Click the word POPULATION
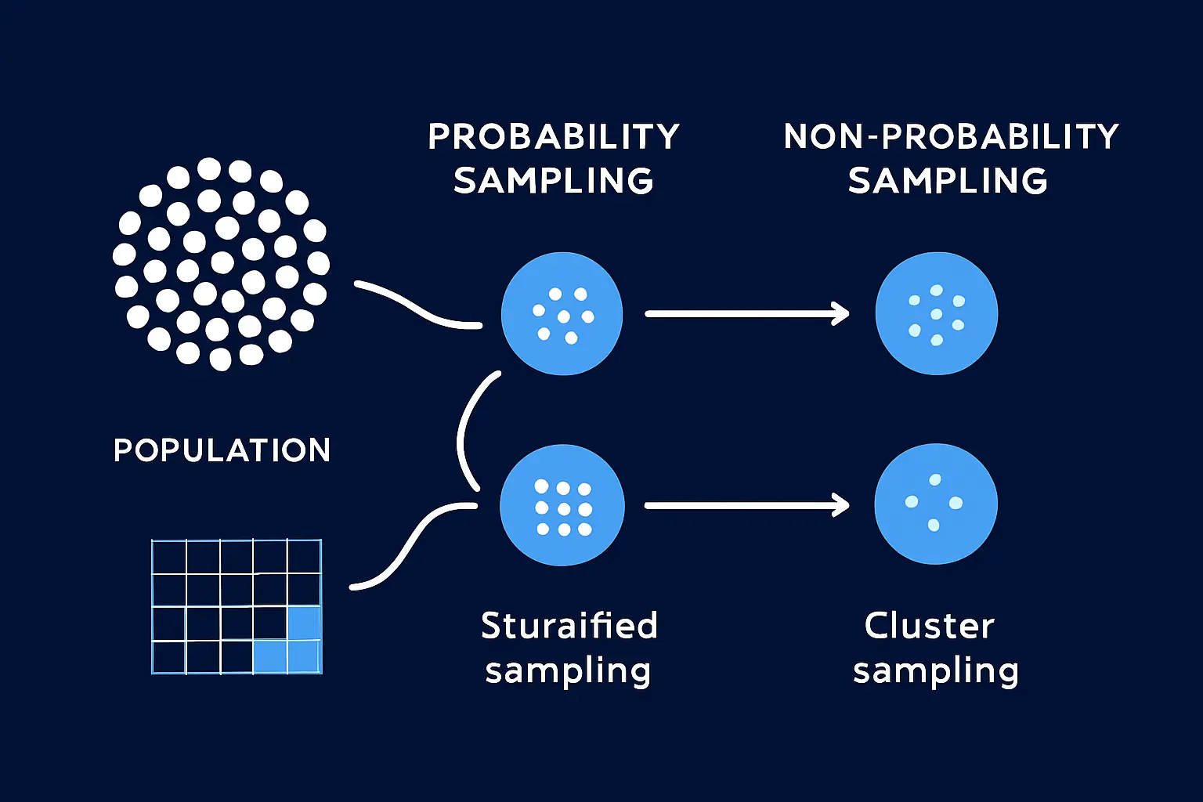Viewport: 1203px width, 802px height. [222, 450]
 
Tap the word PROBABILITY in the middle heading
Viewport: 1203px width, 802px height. [554, 136]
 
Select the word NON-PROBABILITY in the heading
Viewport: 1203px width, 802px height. [951, 136]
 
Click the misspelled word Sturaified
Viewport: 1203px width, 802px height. [569, 625]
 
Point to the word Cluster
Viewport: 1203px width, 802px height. [929, 626]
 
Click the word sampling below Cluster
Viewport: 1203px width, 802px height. [936, 671]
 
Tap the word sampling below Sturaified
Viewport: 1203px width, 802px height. [568, 671]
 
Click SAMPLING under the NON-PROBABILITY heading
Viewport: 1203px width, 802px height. [948, 180]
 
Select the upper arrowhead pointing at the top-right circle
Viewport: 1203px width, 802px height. [840, 314]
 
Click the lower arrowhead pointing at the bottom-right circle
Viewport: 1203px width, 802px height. [840, 505]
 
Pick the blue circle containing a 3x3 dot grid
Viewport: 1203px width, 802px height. [562, 505]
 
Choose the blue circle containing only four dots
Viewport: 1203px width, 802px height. [936, 504]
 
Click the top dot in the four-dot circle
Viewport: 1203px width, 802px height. [935, 479]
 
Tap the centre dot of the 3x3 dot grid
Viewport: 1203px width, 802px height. [564, 509]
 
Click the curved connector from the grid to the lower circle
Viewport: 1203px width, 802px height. [414, 545]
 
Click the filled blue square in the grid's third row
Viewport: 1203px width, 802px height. [305, 623]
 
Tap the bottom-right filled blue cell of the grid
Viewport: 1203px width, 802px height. [305, 656]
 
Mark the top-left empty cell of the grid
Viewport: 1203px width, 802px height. [169, 557]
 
